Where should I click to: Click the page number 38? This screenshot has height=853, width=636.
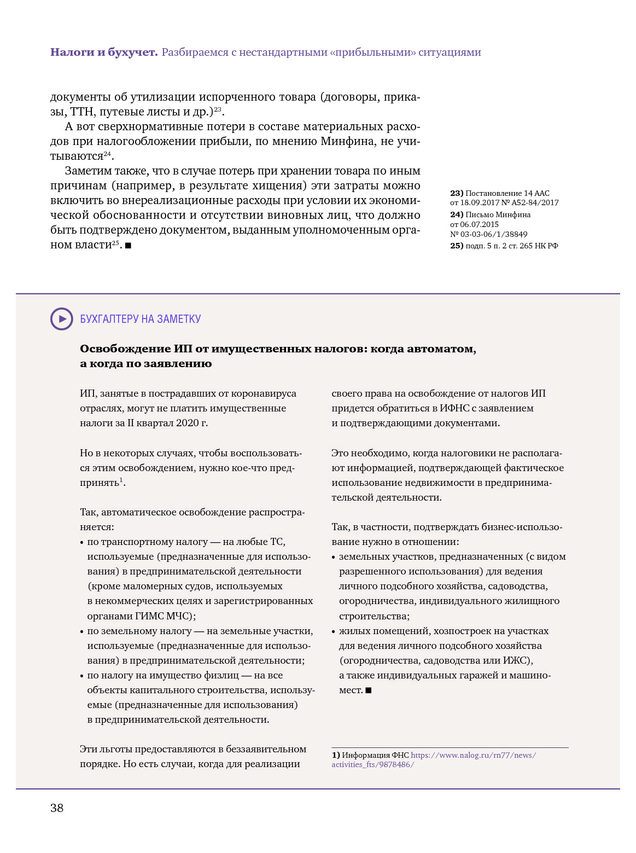(57, 808)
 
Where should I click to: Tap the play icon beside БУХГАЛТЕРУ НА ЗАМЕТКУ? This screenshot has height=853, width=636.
(62, 319)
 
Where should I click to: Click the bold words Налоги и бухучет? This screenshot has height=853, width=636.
(104, 53)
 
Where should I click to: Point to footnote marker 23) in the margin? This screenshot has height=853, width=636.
(457, 193)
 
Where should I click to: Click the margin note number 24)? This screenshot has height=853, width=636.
(457, 214)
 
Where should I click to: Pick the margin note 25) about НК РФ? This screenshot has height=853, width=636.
(457, 246)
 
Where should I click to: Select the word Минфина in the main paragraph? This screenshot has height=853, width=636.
(348, 141)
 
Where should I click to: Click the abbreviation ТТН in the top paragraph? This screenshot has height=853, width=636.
(83, 112)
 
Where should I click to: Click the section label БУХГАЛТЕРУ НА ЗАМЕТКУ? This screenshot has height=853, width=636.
(141, 319)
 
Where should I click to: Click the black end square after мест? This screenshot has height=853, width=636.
(369, 690)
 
